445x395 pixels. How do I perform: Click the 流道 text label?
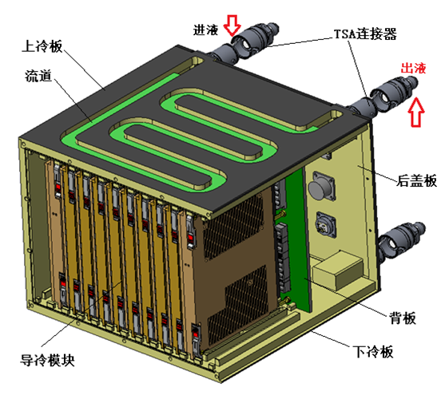pos(41,77)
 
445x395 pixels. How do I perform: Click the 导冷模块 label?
pos(48,360)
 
